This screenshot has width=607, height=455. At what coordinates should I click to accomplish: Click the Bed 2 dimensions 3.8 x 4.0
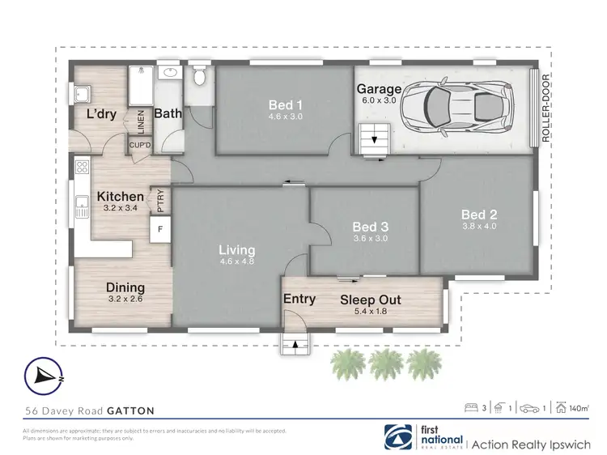tap(478, 227)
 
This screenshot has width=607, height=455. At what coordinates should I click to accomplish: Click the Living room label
tap(236, 250)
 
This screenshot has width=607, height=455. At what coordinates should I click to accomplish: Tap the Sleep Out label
tap(370, 300)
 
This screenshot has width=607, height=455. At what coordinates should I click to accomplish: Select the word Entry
tap(299, 299)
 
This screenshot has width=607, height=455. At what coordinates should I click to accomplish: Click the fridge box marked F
tap(159, 229)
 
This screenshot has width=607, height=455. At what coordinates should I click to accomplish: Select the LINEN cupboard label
tap(140, 121)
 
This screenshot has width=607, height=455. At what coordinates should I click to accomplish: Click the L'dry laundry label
tap(103, 114)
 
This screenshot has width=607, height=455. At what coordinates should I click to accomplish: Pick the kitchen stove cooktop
tap(81, 168)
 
